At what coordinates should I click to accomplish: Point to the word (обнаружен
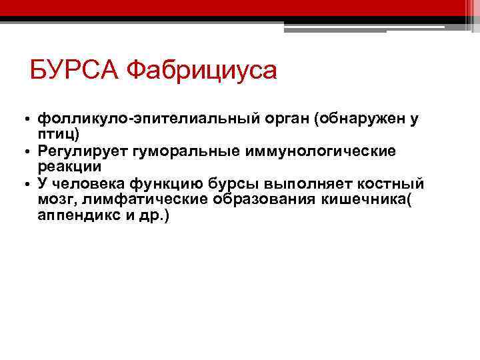pos(352,119)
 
